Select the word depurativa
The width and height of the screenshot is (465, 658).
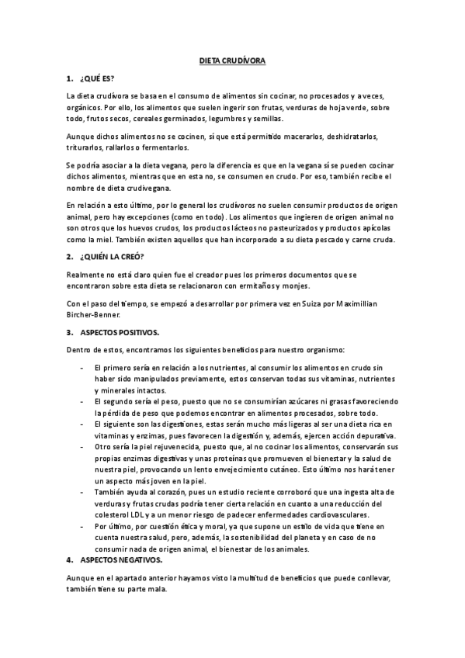(x=366, y=436)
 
